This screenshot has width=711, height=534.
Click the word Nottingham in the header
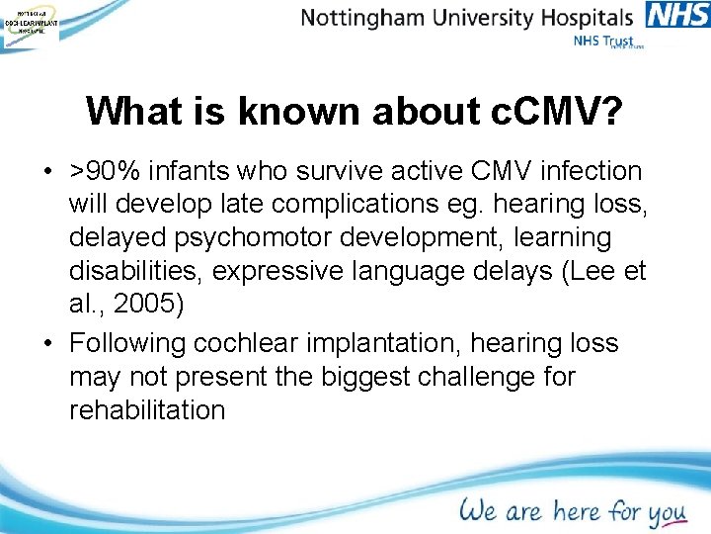(359, 17)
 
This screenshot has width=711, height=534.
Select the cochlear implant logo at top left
(30, 24)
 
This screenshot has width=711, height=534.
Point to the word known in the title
(290, 112)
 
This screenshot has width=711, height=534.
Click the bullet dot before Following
(47, 343)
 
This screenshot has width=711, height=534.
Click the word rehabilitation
(147, 410)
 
